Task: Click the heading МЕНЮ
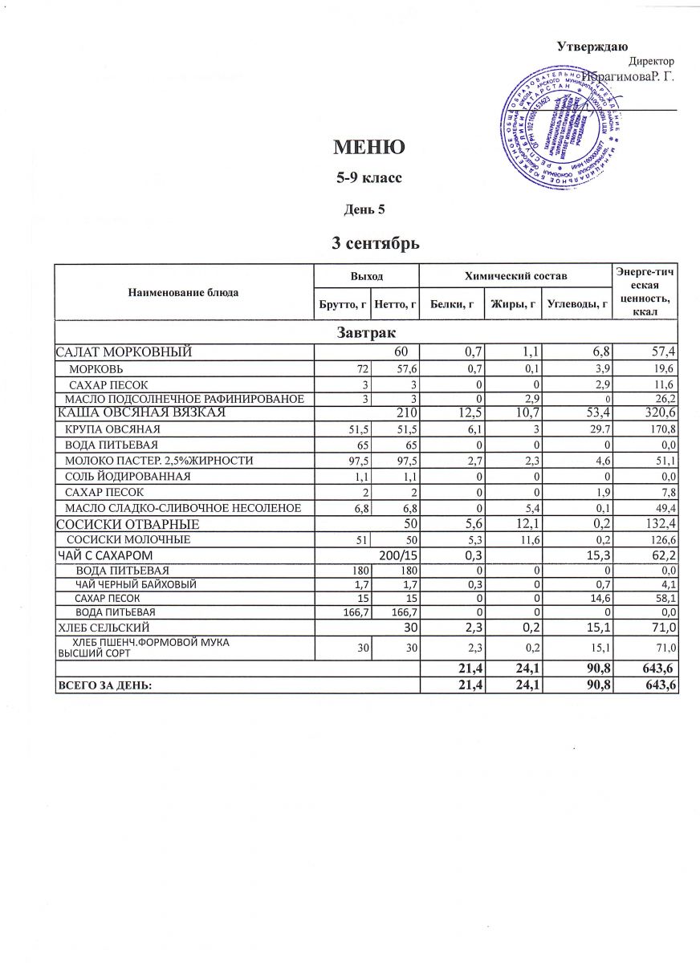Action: point(368,148)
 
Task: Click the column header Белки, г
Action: point(452,303)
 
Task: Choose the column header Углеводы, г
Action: point(575,303)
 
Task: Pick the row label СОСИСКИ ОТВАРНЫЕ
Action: point(127,524)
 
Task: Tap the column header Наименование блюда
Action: point(183,293)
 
